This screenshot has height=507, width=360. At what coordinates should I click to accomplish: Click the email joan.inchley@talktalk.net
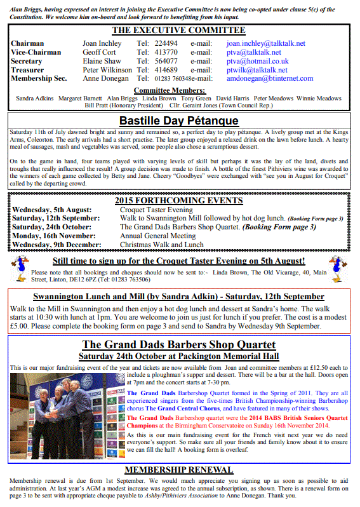pyautogui.click(x=266, y=43)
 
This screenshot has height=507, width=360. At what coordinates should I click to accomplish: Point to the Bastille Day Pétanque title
pyautogui.click(x=179, y=119)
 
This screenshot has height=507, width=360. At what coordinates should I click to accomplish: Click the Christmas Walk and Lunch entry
pyautogui.click(x=161, y=244)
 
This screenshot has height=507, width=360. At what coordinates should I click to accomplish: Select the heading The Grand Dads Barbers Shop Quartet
pyautogui.click(x=178, y=345)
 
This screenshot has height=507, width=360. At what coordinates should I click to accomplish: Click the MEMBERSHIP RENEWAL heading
pyautogui.click(x=180, y=470)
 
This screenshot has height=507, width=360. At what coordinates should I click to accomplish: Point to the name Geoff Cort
pyautogui.click(x=100, y=52)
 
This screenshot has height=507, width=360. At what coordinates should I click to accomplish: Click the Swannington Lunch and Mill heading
pyautogui.click(x=178, y=297)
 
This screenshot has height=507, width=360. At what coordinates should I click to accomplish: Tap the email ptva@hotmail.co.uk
pyautogui.click(x=257, y=61)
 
